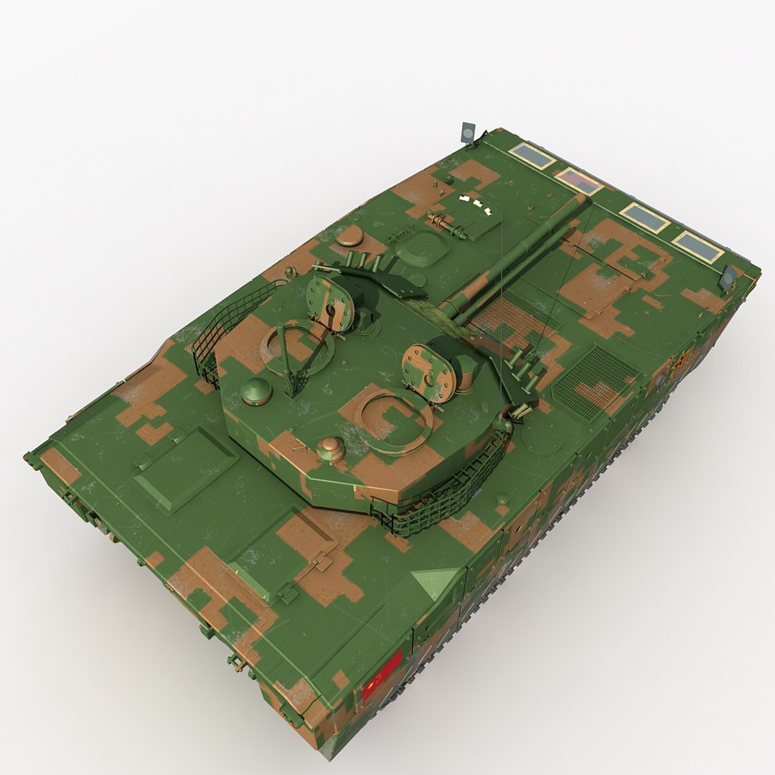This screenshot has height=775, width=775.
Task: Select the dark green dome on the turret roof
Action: click(256, 390)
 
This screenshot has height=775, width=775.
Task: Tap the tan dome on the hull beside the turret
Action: click(349, 235)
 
